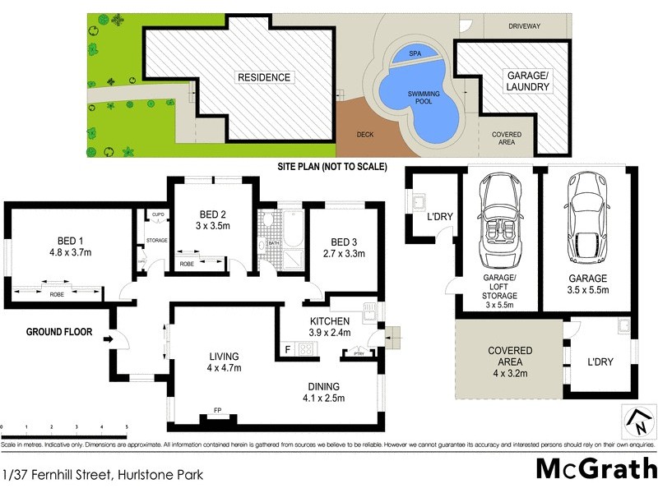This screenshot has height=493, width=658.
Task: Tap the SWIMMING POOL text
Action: click(x=424, y=99)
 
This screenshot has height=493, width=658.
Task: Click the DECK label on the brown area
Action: click(x=365, y=135)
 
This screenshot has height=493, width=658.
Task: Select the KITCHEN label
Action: click(x=330, y=320)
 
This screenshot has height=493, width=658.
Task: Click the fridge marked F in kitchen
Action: click(x=287, y=348)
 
